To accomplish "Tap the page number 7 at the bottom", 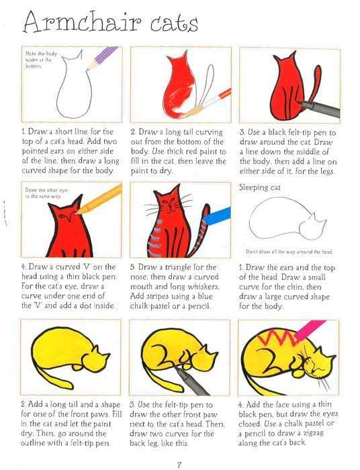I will pyautogui.click(x=179, y=463).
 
